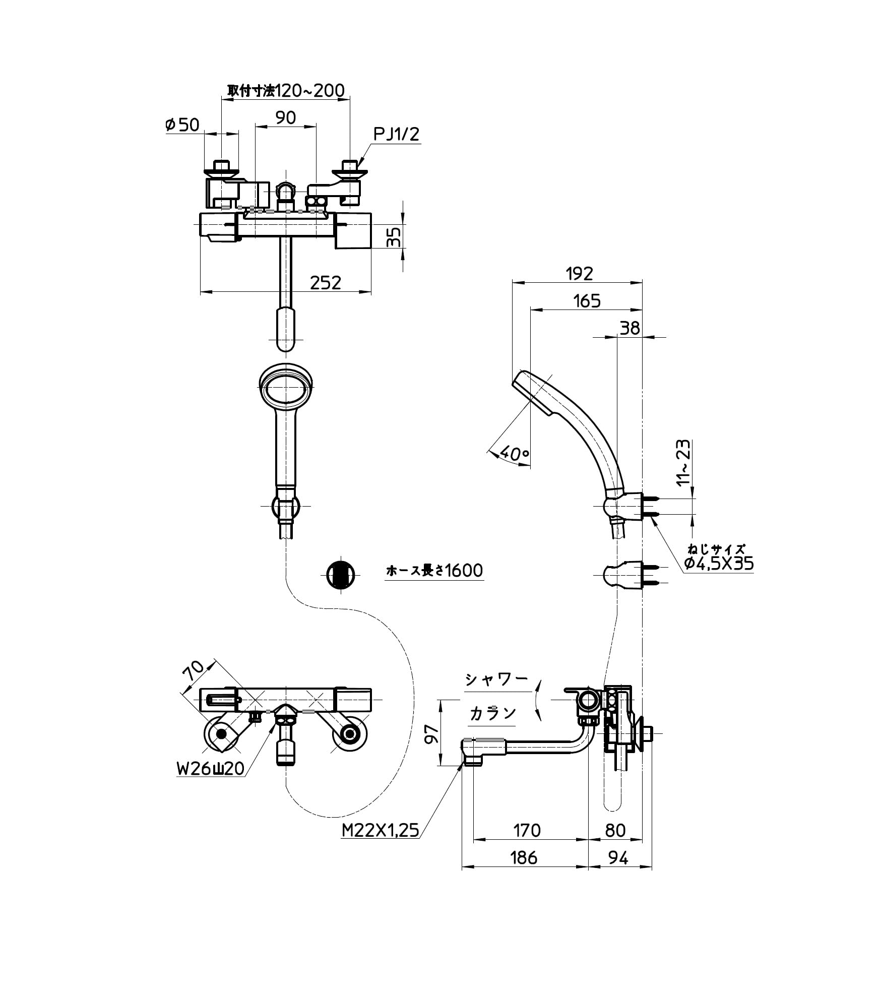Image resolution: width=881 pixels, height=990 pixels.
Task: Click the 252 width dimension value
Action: click(x=325, y=282)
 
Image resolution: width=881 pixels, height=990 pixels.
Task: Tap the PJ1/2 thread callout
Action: click(x=396, y=134)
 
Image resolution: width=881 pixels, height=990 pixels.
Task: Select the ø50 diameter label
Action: click(x=182, y=125)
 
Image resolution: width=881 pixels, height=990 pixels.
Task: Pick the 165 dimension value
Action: click(x=587, y=301)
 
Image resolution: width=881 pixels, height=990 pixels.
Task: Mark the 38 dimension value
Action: click(x=630, y=328)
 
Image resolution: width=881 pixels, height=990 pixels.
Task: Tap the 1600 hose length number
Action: click(x=464, y=570)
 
